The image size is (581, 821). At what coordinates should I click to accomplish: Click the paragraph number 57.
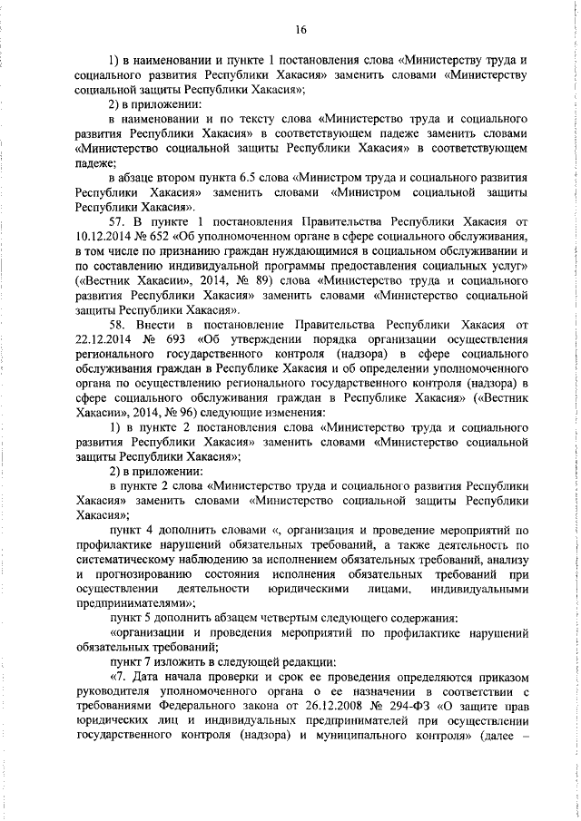coord(119,221)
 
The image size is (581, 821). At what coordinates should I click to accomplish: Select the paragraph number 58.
coord(119,324)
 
